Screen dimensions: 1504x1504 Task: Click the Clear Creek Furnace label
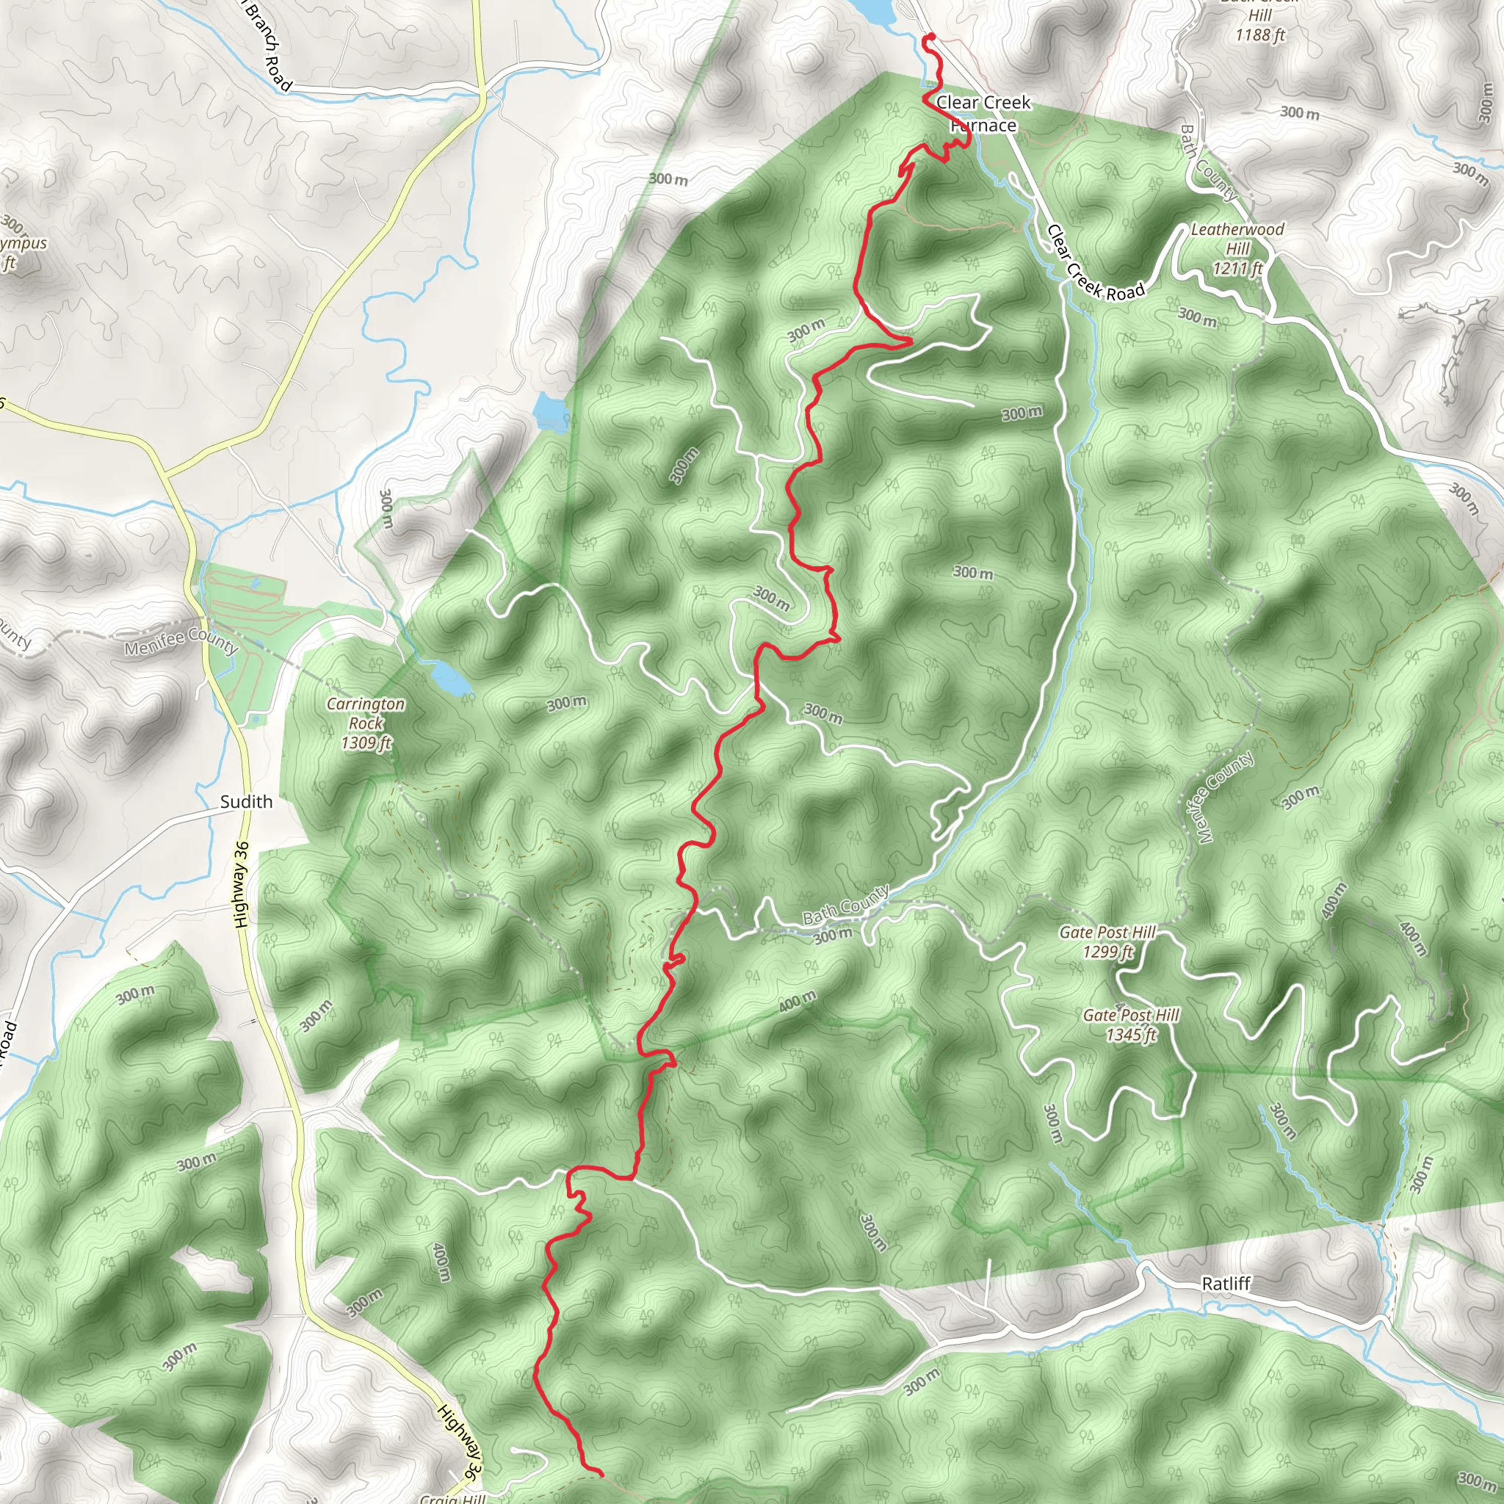(983, 114)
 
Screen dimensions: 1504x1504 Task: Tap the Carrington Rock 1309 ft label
(365, 723)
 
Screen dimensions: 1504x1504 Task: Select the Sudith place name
(246, 802)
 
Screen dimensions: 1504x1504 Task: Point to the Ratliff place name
(1226, 1284)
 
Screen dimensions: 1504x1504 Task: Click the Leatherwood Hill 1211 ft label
(1237, 248)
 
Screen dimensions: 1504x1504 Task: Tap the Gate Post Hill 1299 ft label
(1107, 941)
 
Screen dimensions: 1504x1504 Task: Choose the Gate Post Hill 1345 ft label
(1130, 1024)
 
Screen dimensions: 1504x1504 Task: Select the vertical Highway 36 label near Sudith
(242, 883)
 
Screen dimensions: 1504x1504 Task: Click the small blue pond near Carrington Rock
(449, 676)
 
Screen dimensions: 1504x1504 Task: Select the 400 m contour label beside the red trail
(797, 1001)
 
